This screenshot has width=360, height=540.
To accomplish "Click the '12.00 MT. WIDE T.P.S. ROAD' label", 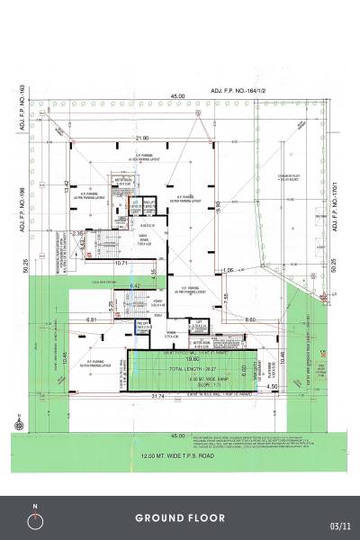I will coord(179,455).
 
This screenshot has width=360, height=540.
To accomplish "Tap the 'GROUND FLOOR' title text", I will coord(180,518).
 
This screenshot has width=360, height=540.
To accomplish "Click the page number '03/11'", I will coord(338,525).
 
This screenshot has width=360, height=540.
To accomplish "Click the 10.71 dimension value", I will coord(121,262).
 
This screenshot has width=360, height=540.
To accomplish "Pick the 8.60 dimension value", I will coord(251,319).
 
